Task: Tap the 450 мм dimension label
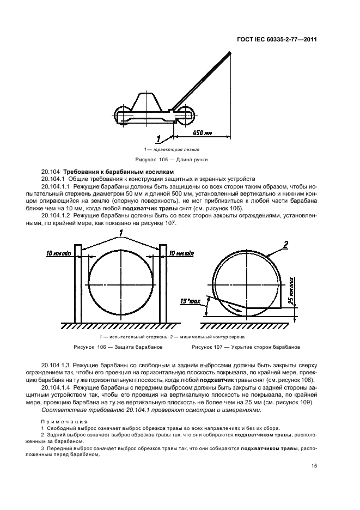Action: (202, 132)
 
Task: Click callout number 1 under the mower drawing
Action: (158, 138)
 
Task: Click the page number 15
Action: (314, 465)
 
